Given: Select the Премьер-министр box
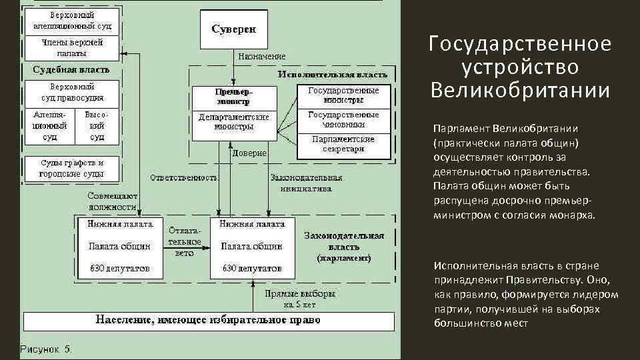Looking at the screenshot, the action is [233, 97].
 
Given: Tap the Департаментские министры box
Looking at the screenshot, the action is [233, 121].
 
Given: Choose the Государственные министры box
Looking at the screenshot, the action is [343, 95].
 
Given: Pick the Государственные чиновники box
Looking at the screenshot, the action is [343, 119].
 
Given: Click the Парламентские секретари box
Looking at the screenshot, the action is [343, 144].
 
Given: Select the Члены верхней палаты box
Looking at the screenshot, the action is [72, 47].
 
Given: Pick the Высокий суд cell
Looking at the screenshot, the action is [97, 126].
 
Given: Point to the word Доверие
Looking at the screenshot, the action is [249, 153].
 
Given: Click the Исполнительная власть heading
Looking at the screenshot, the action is [323, 74].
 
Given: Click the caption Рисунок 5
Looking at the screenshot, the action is [46, 349].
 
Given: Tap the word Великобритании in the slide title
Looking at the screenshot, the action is [520, 90].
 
